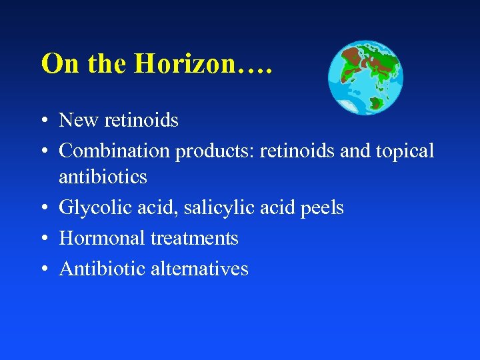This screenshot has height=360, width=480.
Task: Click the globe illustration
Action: pos(366,77)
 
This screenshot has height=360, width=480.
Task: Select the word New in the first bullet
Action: pos(77,120)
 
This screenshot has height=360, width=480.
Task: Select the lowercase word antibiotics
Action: pos(103,177)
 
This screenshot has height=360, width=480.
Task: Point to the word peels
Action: pos(322,208)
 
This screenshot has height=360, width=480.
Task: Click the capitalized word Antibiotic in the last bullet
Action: pos(102,269)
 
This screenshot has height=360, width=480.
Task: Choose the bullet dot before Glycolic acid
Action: pos(43,209)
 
